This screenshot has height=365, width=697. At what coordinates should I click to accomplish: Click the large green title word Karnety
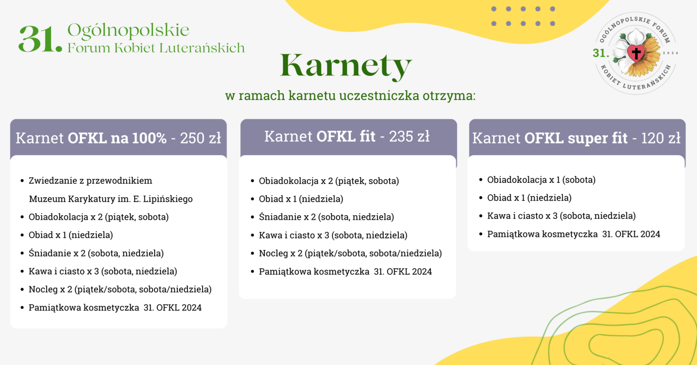(346, 66)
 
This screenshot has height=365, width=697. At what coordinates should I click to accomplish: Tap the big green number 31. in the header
(40, 39)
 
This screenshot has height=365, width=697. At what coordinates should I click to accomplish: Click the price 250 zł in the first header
(201, 138)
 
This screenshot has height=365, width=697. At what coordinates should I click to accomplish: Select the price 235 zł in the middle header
(409, 136)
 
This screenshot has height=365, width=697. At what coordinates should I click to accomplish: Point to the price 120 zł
(660, 138)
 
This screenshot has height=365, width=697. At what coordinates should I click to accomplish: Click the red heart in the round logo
(636, 53)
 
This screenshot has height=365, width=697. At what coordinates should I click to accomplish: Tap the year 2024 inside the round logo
(670, 53)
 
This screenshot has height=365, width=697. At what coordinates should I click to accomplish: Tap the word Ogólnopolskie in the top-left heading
(128, 31)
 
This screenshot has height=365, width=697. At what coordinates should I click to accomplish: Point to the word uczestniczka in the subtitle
(379, 96)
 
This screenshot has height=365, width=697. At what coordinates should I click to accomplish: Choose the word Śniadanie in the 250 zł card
(50, 253)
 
